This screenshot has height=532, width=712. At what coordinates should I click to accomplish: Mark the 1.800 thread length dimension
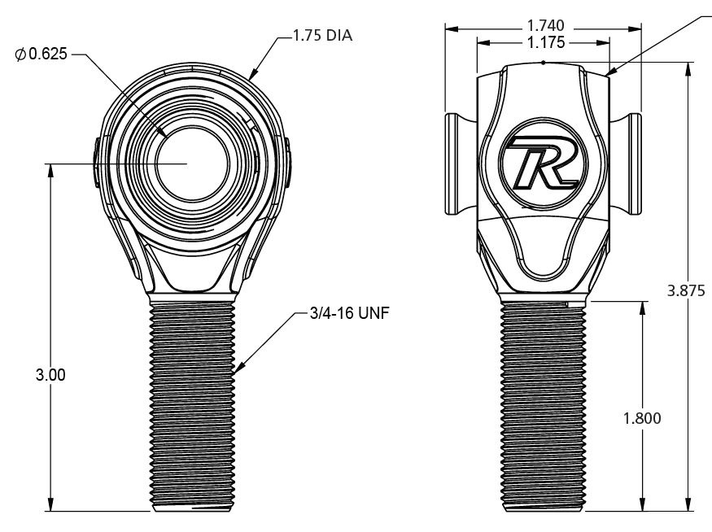click(x=642, y=418)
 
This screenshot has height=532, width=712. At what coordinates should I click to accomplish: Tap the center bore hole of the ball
click(x=188, y=164)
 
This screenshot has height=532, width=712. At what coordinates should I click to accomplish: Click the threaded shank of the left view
click(x=193, y=403)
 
